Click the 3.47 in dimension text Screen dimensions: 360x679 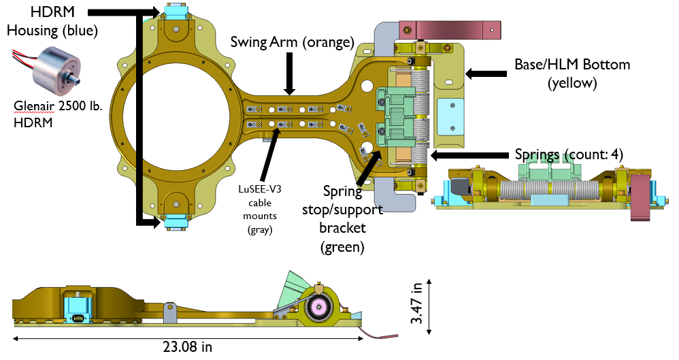(416, 304)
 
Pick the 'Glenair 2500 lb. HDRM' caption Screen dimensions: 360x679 (50, 114)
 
